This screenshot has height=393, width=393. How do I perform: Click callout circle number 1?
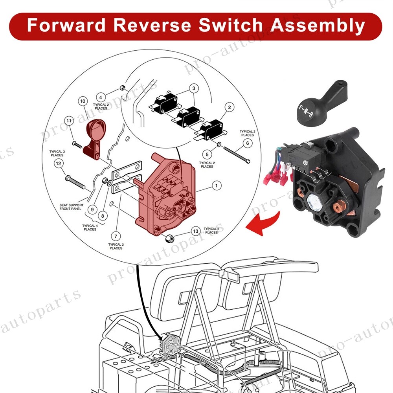click(x=215, y=185)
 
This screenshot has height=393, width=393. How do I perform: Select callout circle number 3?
click(x=193, y=88)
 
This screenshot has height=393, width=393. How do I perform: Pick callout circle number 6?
click(x=248, y=144)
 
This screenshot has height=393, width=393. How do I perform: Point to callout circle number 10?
click(x=83, y=101)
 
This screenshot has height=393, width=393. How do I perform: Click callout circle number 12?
click(x=58, y=163)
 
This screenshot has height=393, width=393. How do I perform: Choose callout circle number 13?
click(x=195, y=231)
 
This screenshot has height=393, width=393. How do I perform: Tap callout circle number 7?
click(x=116, y=236)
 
